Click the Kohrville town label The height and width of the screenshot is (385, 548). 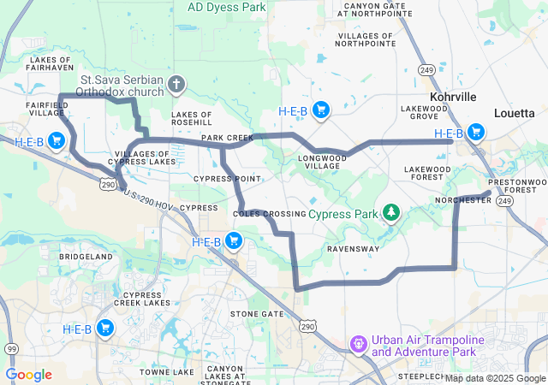[453, 97]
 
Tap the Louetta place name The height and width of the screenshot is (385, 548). [515, 113]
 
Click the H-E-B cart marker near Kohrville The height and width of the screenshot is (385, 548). [475, 133]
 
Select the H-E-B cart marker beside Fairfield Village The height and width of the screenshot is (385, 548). [57, 140]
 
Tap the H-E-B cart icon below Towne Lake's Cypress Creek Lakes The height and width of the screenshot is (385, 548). [105, 329]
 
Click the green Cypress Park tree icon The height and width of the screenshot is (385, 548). [391, 211]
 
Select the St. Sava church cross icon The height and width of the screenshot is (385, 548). [176, 84]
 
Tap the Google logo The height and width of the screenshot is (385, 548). [29, 375]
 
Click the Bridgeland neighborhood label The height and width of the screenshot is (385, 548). [86, 257]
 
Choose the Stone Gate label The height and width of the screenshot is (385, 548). [256, 314]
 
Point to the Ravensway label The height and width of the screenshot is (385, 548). [353, 249]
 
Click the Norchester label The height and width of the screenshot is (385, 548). [463, 199]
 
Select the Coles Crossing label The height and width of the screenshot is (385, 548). [269, 213]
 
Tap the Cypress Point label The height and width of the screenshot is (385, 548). [227, 179]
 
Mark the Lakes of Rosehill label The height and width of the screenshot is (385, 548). [192, 118]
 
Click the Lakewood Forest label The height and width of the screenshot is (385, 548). [427, 174]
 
